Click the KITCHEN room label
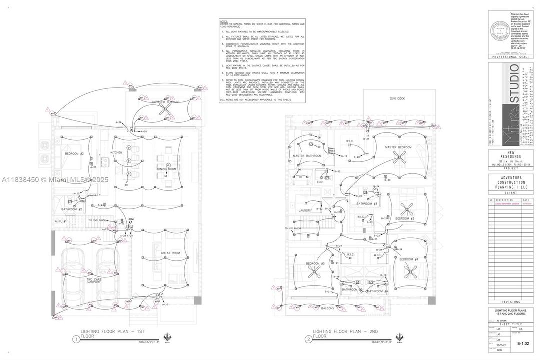point(116,152)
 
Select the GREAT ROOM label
point(170,253)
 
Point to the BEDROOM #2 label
point(74,154)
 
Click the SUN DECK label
point(398,99)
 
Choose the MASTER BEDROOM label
point(398,147)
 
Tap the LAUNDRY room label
point(305,210)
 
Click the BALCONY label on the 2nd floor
point(328,308)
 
